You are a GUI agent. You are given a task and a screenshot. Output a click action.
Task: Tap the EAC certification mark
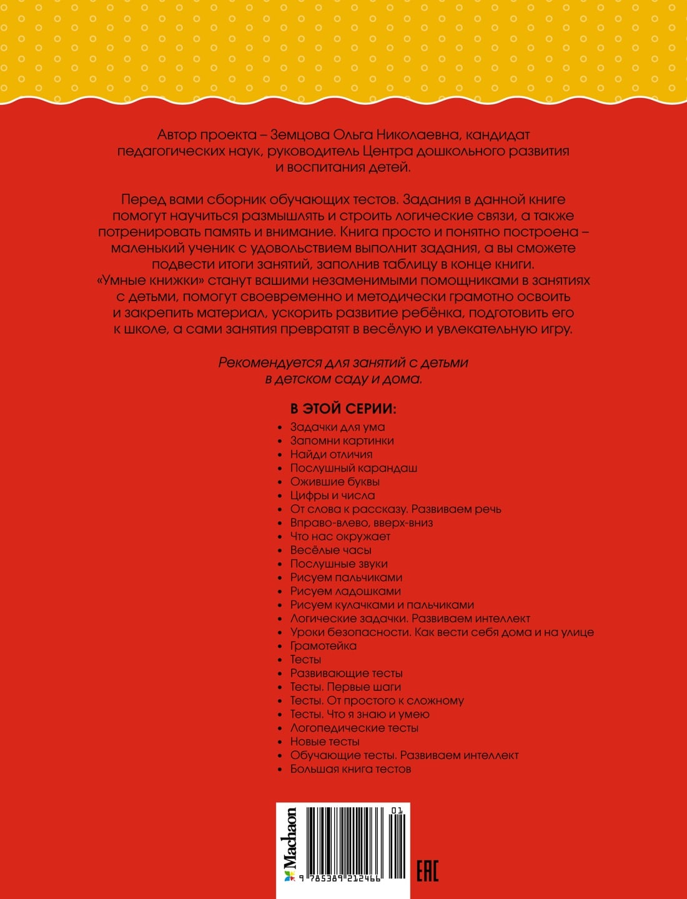(428, 870)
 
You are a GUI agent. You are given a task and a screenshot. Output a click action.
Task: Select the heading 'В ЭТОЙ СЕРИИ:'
(343, 409)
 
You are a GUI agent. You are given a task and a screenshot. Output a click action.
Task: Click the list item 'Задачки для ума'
(337, 427)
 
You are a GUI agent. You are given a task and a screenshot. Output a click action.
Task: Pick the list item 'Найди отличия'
(331, 455)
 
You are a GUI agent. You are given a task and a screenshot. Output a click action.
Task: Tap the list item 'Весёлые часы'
(330, 550)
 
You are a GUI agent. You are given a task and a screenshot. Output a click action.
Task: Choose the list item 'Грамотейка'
(323, 646)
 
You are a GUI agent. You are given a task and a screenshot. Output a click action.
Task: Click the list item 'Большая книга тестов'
(350, 769)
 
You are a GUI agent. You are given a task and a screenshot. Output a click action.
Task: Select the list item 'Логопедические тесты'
(354, 728)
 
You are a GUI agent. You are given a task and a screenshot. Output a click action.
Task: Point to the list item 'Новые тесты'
(325, 742)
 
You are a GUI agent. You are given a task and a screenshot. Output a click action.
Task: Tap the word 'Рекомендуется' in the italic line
(270, 363)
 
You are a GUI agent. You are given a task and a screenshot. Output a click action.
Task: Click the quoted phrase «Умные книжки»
(152, 281)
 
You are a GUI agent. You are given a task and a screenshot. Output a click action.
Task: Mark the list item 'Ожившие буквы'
(335, 482)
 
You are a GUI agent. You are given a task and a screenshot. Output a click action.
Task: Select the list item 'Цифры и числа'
(332, 495)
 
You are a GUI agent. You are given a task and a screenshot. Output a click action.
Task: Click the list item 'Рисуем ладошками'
(345, 591)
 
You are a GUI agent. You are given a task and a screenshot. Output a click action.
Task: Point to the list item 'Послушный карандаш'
(353, 468)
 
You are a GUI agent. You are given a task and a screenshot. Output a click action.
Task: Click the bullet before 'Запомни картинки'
(280, 442)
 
